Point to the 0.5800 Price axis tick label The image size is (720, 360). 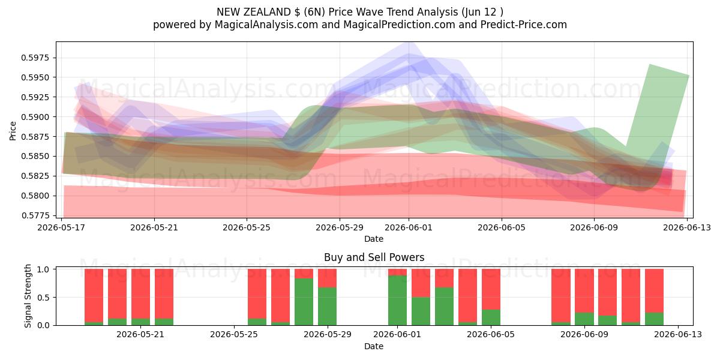pyautogui.click(x=35, y=196)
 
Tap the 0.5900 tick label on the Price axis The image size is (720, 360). pyautogui.click(x=35, y=117)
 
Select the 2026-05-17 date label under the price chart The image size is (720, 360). pyautogui.click(x=61, y=227)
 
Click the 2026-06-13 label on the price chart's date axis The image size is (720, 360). pyautogui.click(x=687, y=227)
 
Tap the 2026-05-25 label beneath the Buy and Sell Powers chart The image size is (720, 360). pyautogui.click(x=234, y=335)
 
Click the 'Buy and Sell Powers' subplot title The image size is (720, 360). pyautogui.click(x=374, y=257)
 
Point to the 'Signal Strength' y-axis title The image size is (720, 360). pyautogui.click(x=28, y=296)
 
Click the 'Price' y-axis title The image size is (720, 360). pyautogui.click(x=13, y=131)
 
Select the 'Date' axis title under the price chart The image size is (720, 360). pyautogui.click(x=374, y=239)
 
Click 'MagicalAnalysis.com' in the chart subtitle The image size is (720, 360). pyautogui.click(x=266, y=25)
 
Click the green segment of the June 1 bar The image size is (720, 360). pyautogui.click(x=397, y=300)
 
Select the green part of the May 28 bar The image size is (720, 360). pyautogui.click(x=304, y=302)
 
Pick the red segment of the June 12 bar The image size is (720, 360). pyautogui.click(x=654, y=291)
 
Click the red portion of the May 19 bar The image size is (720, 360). pyautogui.click(x=118, y=294)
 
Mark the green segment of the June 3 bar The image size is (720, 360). pyautogui.click(x=444, y=307)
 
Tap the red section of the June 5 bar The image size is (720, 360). pyautogui.click(x=491, y=289)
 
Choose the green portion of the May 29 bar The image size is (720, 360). pyautogui.click(x=327, y=307)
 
